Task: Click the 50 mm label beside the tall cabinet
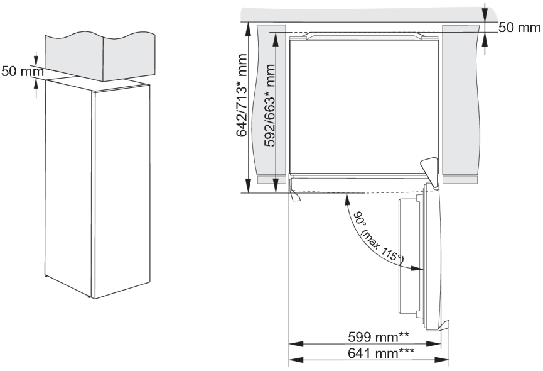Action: tap(19, 71)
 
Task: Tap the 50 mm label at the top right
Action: tap(519, 28)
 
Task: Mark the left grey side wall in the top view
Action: tap(271, 101)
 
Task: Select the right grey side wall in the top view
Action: tap(461, 101)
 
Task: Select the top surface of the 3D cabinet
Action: tap(97, 83)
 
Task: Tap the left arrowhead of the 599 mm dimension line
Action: tap(293, 345)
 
